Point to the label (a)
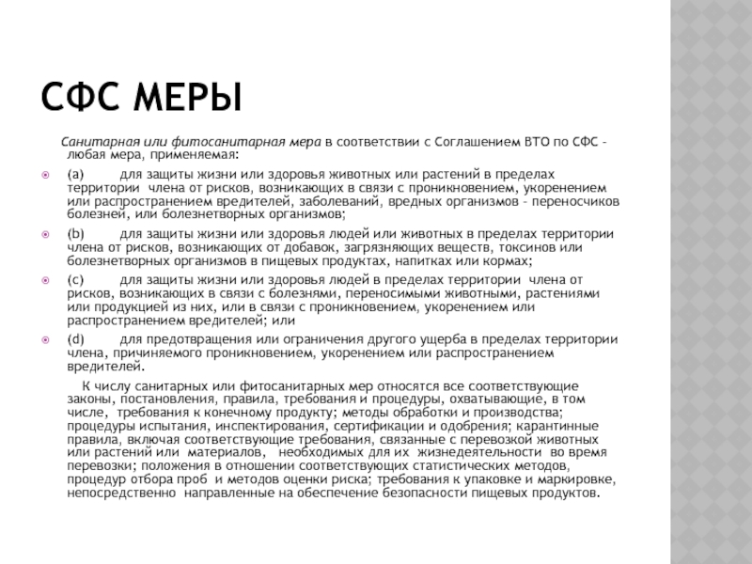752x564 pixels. (x=75, y=175)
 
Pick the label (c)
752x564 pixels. (x=75, y=279)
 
